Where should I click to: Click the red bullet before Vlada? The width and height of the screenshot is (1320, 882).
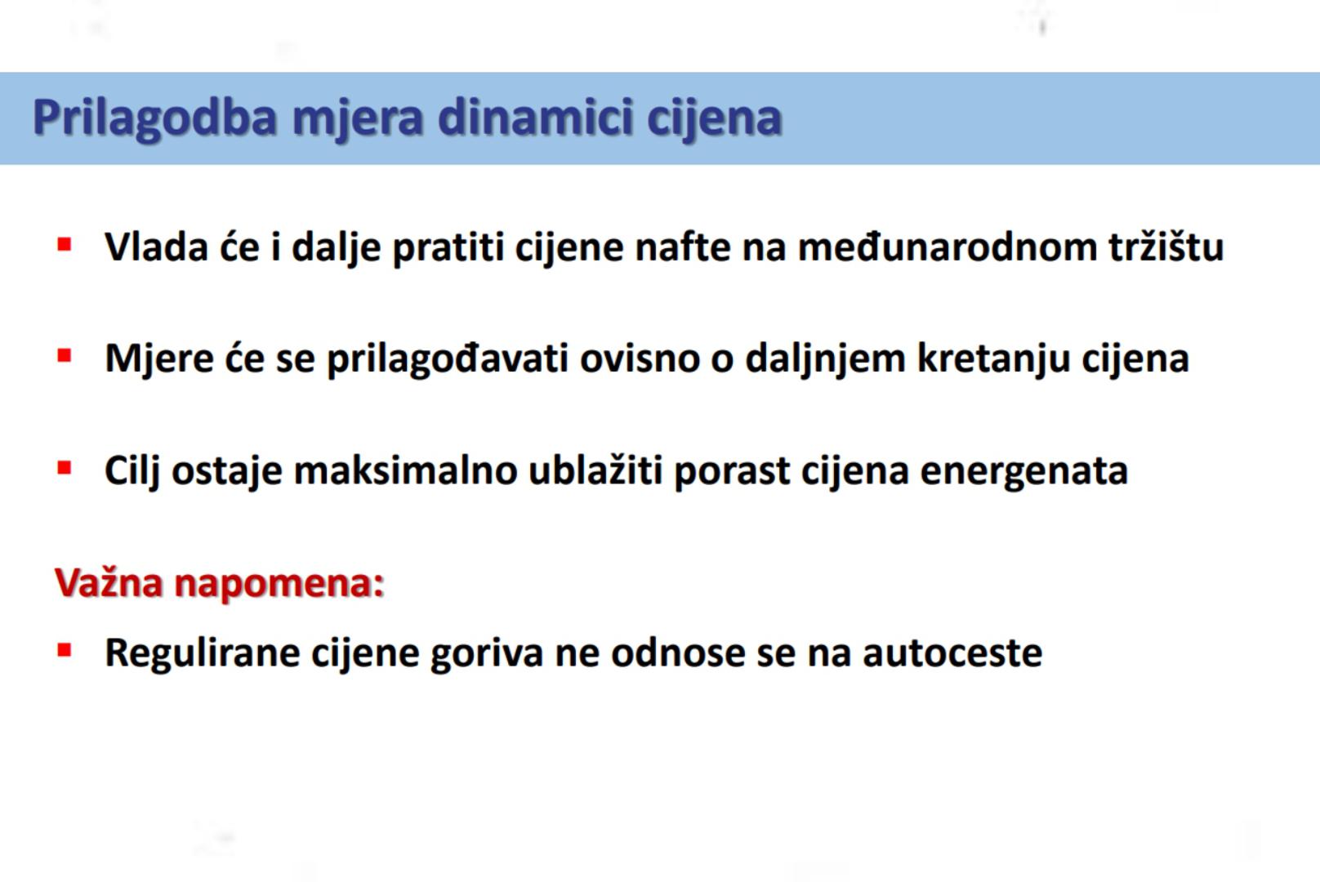(x=65, y=244)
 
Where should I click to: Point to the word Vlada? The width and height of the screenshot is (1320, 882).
(x=156, y=246)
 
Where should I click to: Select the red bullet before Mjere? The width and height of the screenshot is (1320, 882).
(x=65, y=356)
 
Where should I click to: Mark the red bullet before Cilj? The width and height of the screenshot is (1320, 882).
(x=65, y=469)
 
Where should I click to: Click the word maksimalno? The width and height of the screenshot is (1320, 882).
(x=405, y=470)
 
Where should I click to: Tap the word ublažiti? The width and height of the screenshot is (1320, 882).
(x=595, y=470)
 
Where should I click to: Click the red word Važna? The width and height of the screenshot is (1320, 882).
(x=109, y=583)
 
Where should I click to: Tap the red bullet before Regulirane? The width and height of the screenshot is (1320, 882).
(x=65, y=650)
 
